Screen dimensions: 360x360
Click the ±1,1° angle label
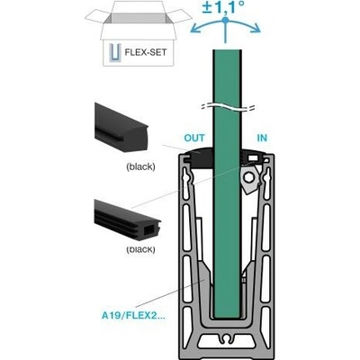223,7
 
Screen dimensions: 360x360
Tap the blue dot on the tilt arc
225,20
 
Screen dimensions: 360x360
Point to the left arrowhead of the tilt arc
195,29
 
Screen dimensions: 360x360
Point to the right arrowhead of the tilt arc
256,28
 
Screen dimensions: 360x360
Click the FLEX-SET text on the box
145,52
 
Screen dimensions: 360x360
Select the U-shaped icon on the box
114,52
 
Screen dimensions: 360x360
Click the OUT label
194,138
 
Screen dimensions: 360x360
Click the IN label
262,138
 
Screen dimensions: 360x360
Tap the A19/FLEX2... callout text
133,316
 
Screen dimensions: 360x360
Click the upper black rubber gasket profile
121,127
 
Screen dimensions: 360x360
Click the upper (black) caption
140,166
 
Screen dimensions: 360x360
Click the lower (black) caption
140,249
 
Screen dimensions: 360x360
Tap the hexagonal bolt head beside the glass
248,177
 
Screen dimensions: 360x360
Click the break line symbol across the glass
228,107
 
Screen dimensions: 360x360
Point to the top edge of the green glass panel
227,50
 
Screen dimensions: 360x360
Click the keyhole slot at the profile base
228,337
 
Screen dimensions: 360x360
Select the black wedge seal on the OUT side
199,157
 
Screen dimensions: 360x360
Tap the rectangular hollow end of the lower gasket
149,230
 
